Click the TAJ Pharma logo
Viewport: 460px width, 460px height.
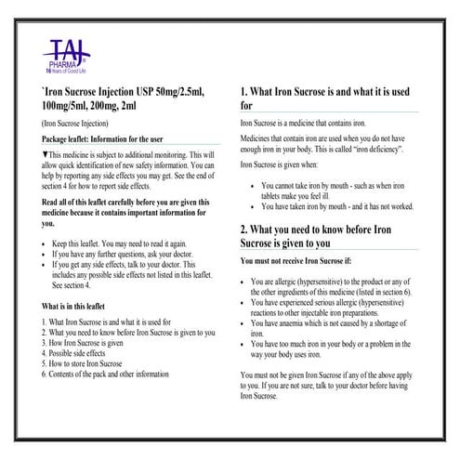(45, 52)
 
